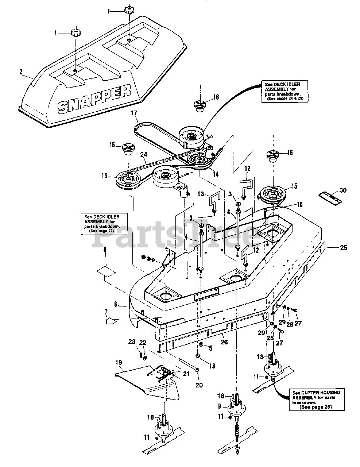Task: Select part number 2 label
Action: pyautogui.click(x=21, y=72)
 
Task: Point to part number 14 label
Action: pyautogui.click(x=216, y=174)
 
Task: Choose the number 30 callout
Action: pyautogui.click(x=343, y=190)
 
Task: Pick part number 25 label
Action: pyautogui.click(x=344, y=248)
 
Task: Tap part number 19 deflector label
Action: pyautogui.click(x=119, y=363)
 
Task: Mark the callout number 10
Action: pyautogui.click(x=299, y=205)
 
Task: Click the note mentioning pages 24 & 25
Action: pyautogui.click(x=283, y=91)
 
